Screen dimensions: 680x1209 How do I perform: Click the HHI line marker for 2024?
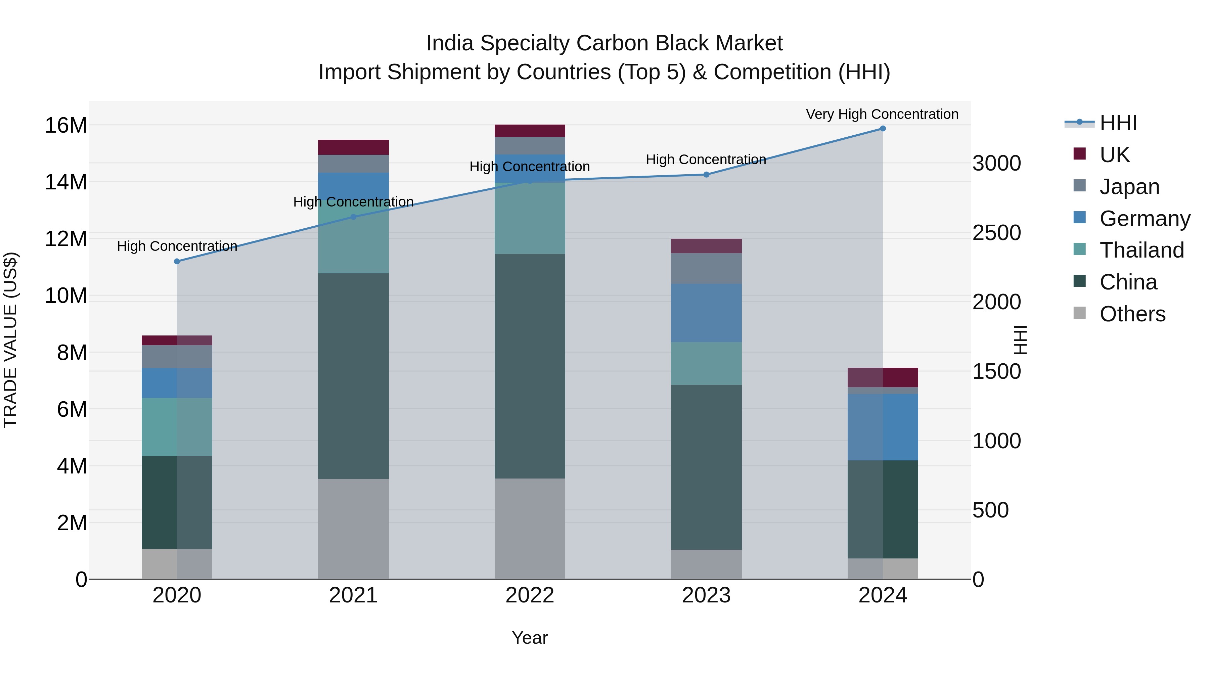(882, 129)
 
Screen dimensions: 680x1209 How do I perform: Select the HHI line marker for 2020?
(177, 261)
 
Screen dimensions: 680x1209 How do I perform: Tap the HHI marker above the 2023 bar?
(706, 175)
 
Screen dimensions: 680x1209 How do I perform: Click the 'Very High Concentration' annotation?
(882, 114)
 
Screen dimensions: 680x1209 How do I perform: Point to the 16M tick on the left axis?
(66, 125)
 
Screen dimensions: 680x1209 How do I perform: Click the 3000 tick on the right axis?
(996, 163)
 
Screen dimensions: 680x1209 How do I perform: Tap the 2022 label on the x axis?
(529, 595)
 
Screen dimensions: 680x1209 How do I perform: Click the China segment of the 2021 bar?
(353, 375)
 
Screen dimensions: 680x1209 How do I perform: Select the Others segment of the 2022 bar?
(529, 529)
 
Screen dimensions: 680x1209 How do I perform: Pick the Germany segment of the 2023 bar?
(706, 313)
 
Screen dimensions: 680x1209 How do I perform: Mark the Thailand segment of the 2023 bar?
(706, 363)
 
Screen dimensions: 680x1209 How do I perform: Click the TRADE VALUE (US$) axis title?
(10, 340)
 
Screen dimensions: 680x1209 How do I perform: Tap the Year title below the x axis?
(529, 638)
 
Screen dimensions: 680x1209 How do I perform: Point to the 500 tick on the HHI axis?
(990, 510)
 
